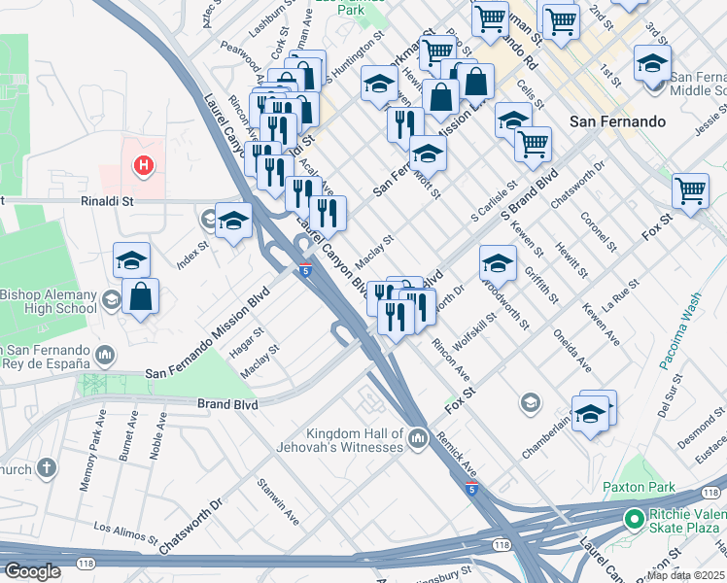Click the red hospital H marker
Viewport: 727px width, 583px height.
[144, 166]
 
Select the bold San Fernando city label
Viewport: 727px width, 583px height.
[617, 121]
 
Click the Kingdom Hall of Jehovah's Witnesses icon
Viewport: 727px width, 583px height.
[419, 440]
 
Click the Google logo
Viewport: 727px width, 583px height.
[32, 571]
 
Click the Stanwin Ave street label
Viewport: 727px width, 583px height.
[275, 495]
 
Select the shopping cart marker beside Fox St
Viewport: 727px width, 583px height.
[690, 189]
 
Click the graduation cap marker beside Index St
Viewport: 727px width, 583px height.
[233, 222]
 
